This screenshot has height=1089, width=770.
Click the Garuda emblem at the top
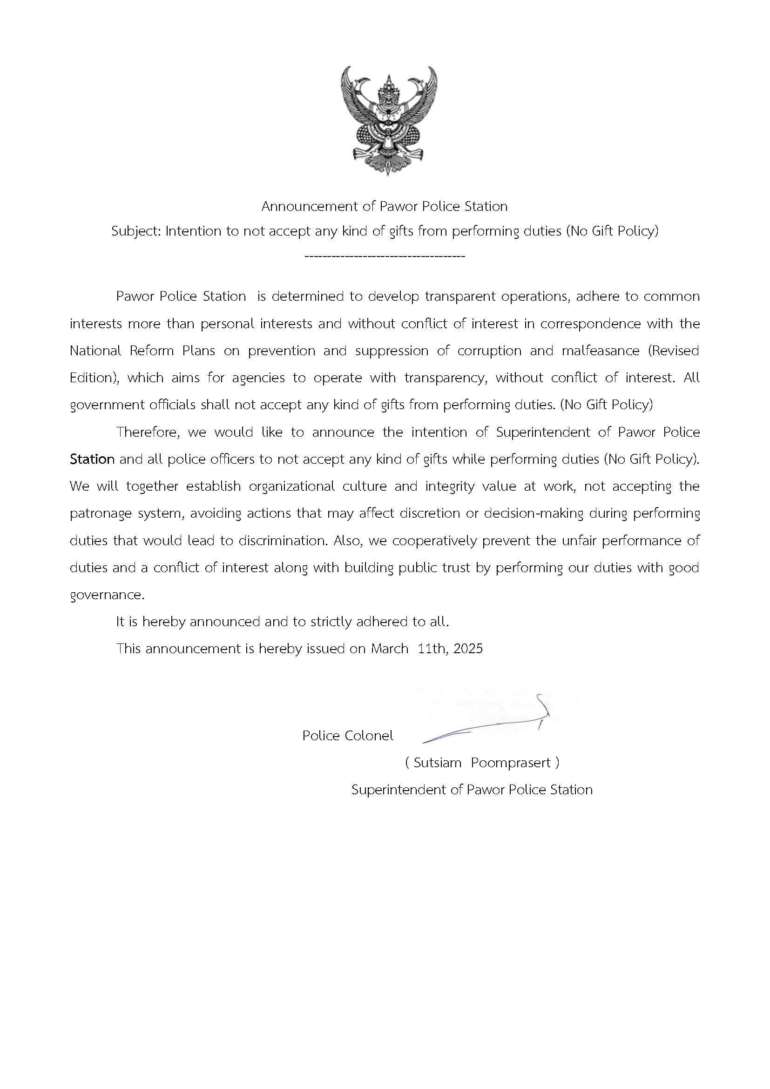point(389,121)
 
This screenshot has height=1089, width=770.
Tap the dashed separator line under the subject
point(385,257)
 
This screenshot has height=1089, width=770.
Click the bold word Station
point(92,459)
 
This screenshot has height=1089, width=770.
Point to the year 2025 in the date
point(467,649)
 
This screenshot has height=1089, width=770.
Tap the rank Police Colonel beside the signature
point(348,736)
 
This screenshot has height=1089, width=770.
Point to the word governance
point(107,595)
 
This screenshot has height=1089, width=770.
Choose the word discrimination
point(283,541)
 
